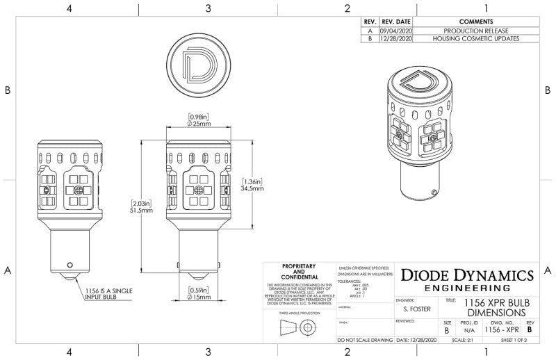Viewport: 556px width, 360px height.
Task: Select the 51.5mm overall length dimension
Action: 141,211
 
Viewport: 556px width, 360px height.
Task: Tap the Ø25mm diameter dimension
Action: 199,124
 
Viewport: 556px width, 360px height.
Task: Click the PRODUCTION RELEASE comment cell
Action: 476,31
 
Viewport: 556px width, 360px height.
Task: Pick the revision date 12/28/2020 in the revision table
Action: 397,39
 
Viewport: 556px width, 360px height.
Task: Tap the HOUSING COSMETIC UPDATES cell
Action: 476,39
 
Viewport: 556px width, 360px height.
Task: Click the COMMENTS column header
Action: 476,22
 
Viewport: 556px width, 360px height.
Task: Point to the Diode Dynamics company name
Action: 468,275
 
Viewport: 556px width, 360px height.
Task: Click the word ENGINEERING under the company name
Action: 467,288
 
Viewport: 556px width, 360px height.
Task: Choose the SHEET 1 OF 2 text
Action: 515,341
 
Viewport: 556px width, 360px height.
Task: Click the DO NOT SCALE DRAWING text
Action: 364,341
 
